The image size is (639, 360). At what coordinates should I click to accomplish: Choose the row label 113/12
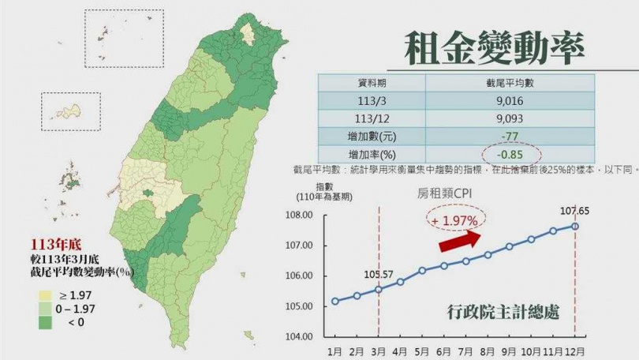point(372,118)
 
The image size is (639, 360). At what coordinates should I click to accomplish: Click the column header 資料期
point(372,83)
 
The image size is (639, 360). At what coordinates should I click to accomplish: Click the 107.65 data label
point(575,212)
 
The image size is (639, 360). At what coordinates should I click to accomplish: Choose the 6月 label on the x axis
point(444,351)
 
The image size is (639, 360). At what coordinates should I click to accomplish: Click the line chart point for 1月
point(336,301)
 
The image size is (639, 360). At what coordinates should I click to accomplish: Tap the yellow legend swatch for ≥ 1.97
point(44,294)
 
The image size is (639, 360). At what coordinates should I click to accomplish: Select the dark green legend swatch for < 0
point(44,322)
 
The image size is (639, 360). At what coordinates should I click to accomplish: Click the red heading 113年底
point(54,246)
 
